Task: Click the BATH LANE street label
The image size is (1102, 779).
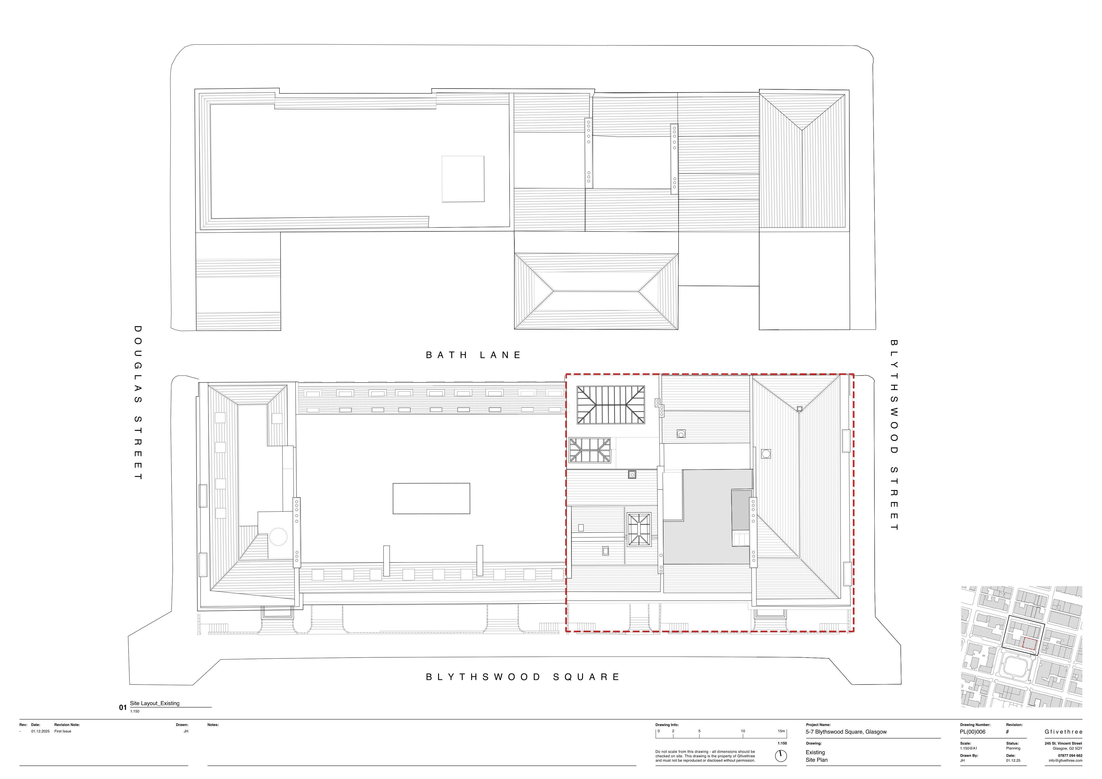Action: [x=473, y=355]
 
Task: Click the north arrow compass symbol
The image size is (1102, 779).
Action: [x=781, y=756]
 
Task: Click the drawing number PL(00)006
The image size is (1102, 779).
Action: [x=972, y=732]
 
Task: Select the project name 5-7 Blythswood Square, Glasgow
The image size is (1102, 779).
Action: [x=846, y=732]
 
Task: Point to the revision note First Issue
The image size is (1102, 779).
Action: [x=63, y=731]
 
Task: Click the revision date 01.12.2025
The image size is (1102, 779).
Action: [x=40, y=731]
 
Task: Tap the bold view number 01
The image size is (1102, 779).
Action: [x=123, y=707]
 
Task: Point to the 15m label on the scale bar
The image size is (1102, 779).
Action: [x=781, y=731]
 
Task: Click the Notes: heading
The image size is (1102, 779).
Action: [x=213, y=725]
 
